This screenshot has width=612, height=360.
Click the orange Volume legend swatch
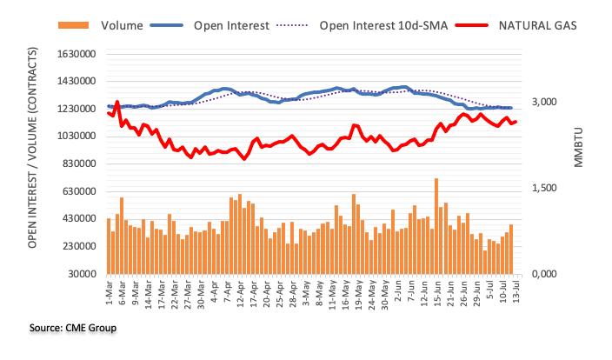tap(73, 25)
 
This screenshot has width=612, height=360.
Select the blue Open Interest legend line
tap(167, 25)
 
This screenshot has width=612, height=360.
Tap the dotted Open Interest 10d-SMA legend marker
tap(292, 25)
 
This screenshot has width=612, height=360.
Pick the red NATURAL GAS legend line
tap(471, 25)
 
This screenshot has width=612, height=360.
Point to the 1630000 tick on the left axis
tap(76, 54)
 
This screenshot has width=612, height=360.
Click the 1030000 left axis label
tap(76, 137)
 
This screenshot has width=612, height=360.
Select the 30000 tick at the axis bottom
tap(82, 274)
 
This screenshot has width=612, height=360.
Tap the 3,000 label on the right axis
tap(544, 102)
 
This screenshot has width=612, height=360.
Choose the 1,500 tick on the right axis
tap(544, 188)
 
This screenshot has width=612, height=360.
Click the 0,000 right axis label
tap(544, 274)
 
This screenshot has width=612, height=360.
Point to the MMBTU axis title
tap(578, 147)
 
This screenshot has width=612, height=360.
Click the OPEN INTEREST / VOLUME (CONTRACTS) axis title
tap(32, 148)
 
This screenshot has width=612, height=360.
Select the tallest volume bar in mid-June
tap(436, 226)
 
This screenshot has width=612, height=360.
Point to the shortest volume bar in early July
tap(485, 262)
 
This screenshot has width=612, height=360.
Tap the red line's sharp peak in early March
tap(117, 103)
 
